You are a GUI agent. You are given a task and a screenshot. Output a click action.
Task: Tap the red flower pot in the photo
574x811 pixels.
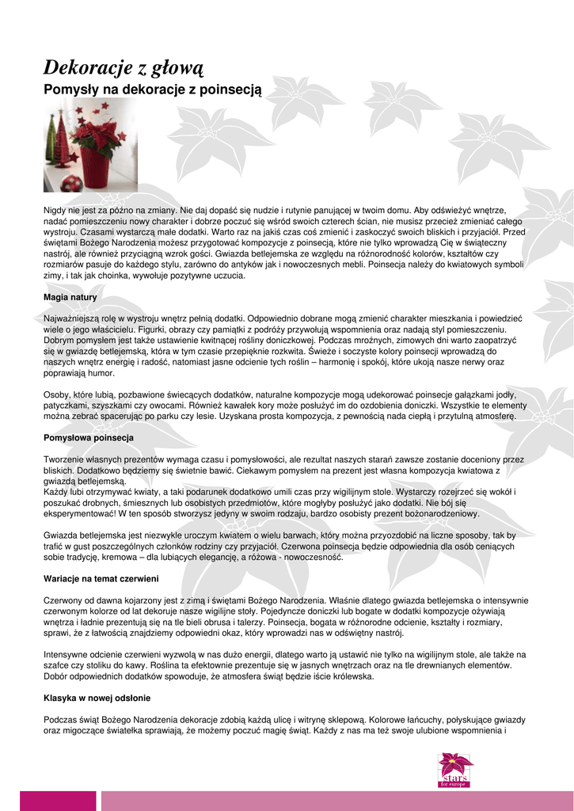click(96, 167)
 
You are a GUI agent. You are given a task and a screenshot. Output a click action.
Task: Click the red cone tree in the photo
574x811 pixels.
click(63, 142)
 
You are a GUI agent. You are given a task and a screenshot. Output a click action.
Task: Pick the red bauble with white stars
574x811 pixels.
click(73, 184)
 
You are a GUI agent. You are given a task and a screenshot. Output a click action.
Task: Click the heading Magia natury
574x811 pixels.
click(70, 297)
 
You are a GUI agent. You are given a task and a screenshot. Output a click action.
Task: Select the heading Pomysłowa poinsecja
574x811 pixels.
click(89, 437)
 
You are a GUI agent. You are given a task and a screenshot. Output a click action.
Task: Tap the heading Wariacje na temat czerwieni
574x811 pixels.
click(101, 578)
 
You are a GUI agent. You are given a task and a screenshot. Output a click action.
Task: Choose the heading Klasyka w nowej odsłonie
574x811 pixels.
click(97, 698)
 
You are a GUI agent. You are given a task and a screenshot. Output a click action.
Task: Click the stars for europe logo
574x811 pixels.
click(455, 770)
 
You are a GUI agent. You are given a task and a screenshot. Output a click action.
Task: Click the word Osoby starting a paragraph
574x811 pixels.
click(56, 394)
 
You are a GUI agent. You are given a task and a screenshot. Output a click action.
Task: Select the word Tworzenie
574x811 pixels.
click(63, 459)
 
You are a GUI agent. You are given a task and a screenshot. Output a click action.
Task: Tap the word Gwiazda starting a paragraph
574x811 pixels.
click(60, 535)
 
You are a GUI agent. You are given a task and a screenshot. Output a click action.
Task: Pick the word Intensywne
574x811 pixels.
click(67, 654)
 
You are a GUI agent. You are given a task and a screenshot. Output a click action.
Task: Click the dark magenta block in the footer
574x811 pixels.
click(47, 800)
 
